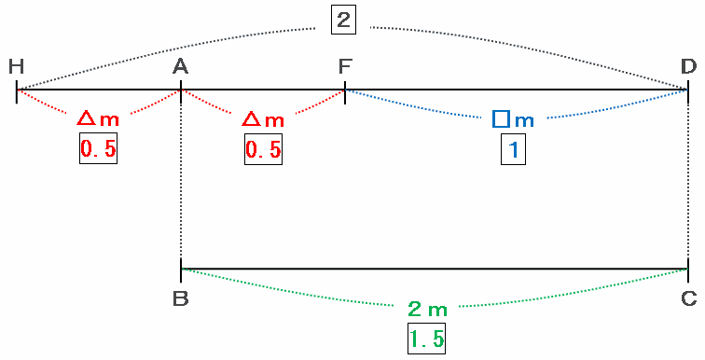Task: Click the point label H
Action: (16, 66)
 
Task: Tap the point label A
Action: (180, 66)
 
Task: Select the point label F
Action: (345, 66)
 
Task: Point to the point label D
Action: (688, 66)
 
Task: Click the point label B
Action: (180, 298)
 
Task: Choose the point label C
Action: (688, 298)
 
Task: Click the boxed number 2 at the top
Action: (343, 21)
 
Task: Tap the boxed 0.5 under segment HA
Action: (99, 148)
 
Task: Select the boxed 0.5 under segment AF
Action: (264, 149)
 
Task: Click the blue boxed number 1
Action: (513, 149)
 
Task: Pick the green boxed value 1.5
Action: (427, 338)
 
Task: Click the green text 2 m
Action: (428, 310)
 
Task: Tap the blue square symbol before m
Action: (501, 119)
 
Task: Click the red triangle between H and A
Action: (86, 118)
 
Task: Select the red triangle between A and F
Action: (251, 119)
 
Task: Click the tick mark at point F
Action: (345, 92)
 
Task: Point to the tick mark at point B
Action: (181, 270)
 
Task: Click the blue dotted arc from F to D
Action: (517, 118)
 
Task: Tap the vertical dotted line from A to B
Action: (181, 175)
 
